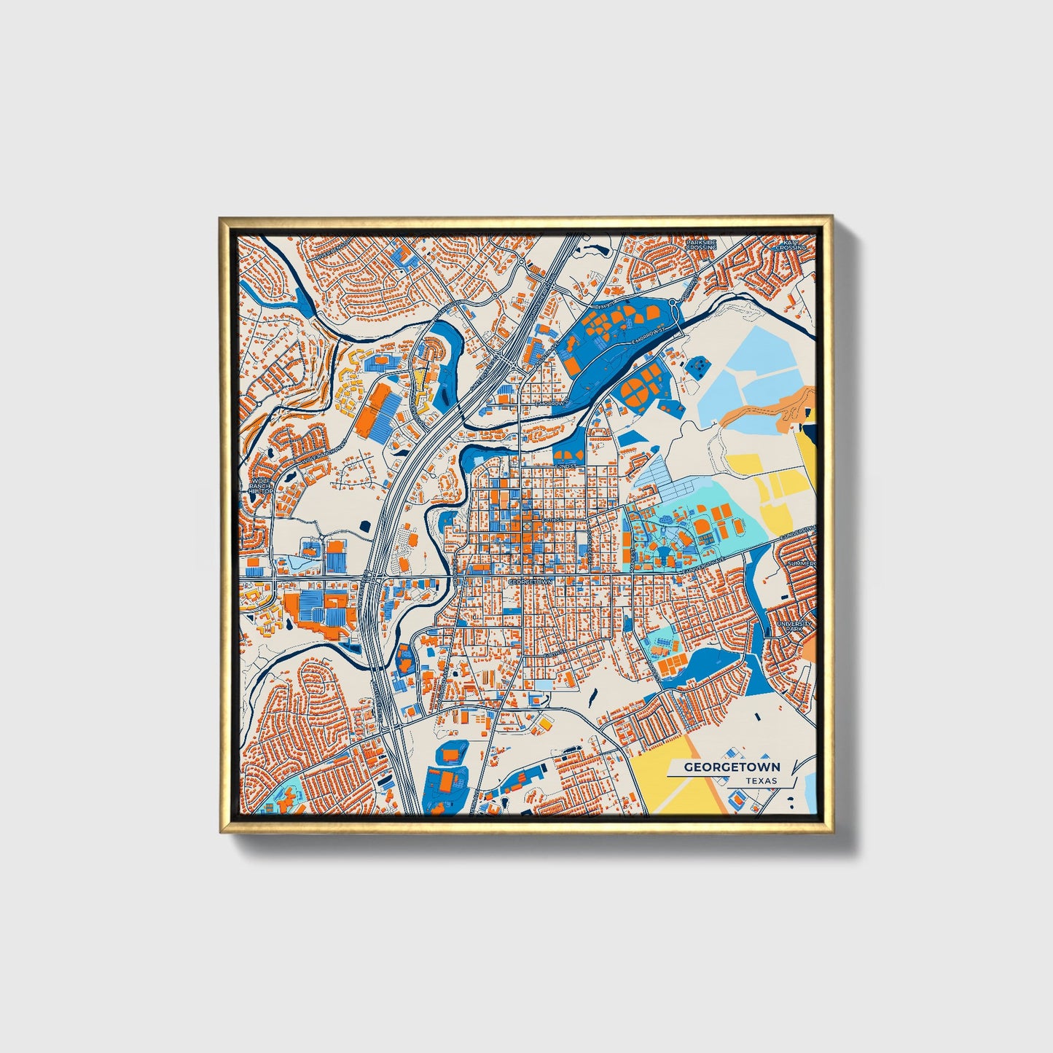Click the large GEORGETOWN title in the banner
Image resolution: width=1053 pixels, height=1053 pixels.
[x=732, y=767]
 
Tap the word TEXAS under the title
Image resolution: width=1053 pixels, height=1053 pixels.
[x=761, y=780]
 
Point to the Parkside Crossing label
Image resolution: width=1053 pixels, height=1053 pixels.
[x=701, y=244]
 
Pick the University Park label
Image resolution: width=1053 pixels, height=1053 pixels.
[x=794, y=627]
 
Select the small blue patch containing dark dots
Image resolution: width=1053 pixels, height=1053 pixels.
[x=697, y=366]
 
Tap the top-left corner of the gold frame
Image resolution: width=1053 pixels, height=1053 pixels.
[x=220, y=218]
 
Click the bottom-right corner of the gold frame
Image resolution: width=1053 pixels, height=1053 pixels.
[x=831, y=831]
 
